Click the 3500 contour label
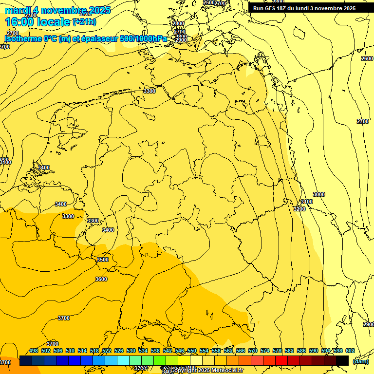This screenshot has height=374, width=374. [102, 260]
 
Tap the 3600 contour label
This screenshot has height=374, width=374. [101, 279]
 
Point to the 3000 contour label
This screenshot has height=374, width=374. [318, 194]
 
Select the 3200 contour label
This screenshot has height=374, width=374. [299, 209]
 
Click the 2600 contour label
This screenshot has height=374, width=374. [367, 58]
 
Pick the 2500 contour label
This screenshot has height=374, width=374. [208, 3]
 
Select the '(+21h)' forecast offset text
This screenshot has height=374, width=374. [84, 22]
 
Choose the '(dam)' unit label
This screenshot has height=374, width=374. [360, 361]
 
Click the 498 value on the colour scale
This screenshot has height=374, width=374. [34, 351]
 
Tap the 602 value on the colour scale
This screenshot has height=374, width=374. [350, 351]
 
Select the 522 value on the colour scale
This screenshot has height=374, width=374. [107, 351]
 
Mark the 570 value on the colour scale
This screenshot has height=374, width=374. [253, 351]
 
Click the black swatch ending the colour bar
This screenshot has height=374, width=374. [342, 361]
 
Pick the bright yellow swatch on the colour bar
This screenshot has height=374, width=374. [184, 361]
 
